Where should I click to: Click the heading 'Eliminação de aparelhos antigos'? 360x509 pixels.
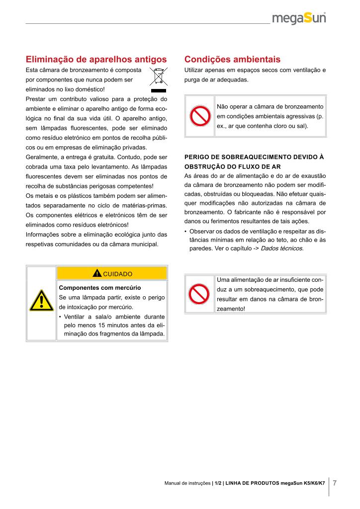point(95,59)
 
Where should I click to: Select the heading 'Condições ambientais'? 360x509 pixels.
point(232,59)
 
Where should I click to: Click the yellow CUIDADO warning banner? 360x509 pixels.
point(112,273)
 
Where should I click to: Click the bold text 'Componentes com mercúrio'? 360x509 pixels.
point(100,287)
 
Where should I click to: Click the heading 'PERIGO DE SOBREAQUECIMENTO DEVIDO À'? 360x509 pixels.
point(254,157)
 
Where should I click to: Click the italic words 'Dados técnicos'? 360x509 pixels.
point(281,248)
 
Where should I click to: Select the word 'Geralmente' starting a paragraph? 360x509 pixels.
point(40,157)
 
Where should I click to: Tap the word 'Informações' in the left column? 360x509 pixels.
point(41,235)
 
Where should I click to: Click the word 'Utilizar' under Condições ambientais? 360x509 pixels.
point(194,70)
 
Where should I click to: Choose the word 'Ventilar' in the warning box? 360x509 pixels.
point(75,317)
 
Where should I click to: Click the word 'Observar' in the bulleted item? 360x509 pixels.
point(201,231)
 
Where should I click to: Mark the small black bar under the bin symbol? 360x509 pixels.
point(159,91)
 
